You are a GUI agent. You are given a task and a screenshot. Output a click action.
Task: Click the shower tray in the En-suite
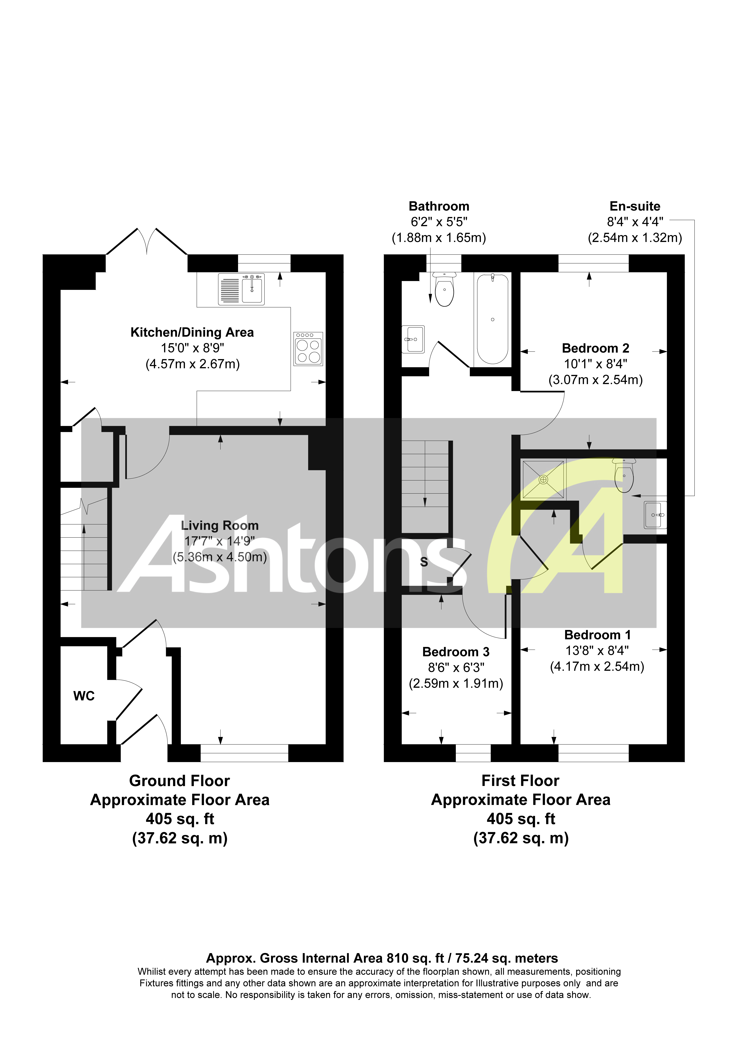pyautogui.click(x=544, y=479)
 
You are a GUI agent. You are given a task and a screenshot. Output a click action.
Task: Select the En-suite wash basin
pyautogui.click(x=656, y=515)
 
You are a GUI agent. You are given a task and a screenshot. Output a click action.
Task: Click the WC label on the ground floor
pyautogui.click(x=84, y=696)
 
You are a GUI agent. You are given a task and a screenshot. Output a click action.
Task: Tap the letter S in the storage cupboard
pyautogui.click(x=424, y=562)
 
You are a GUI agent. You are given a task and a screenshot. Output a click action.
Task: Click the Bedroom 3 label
pyautogui.click(x=456, y=652)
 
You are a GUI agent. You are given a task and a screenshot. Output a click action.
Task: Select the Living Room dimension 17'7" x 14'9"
pyautogui.click(x=220, y=541)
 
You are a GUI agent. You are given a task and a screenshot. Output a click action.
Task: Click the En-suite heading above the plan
pyautogui.click(x=635, y=206)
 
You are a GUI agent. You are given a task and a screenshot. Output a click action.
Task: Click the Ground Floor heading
pyautogui.click(x=180, y=781)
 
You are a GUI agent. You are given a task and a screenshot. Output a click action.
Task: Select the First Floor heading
pyautogui.click(x=520, y=781)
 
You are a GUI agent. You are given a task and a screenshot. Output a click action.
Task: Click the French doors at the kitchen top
pyautogui.click(x=147, y=241)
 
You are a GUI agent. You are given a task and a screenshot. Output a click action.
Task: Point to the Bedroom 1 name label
pyautogui.click(x=597, y=635)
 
